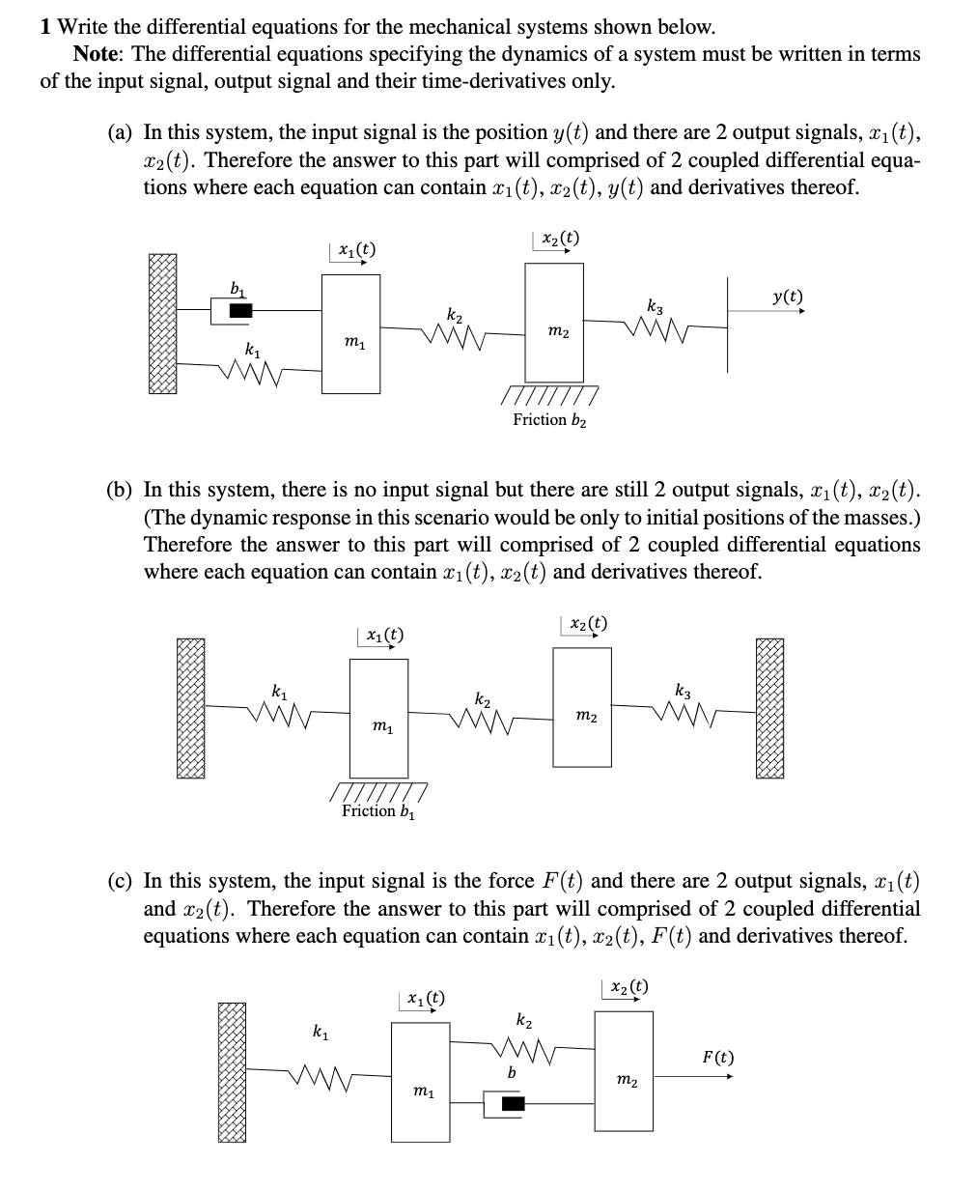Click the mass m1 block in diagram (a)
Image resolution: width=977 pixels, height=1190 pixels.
(350, 333)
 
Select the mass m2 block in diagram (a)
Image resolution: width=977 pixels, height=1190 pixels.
(554, 323)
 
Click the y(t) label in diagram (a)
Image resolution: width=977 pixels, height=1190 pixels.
(787, 297)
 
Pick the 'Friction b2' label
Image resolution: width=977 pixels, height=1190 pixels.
(550, 419)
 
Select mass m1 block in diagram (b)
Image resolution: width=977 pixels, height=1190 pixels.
(378, 718)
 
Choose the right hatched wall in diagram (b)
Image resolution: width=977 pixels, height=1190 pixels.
(768, 708)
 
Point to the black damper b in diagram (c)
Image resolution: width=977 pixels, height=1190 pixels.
(512, 1103)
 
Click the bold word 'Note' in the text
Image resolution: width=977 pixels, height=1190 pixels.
(99, 54)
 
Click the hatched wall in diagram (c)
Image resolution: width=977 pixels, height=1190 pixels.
(232, 1072)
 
